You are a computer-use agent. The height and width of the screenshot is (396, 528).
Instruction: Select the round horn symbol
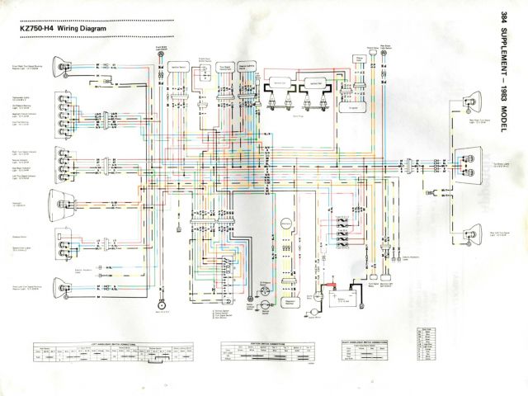click(x=156, y=309)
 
